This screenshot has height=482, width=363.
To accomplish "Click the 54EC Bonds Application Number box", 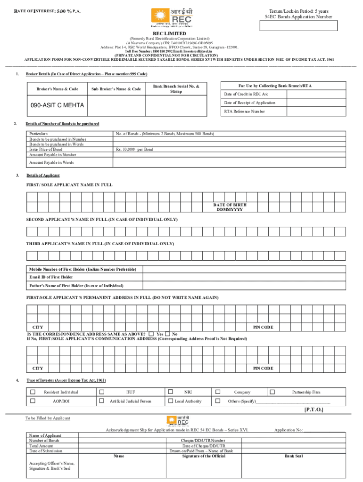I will [x=301, y=26].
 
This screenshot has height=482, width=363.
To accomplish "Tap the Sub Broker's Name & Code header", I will [x=116, y=89].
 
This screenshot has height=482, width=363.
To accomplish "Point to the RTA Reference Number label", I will [x=244, y=112].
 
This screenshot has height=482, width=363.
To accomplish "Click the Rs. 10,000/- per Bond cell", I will [x=134, y=149].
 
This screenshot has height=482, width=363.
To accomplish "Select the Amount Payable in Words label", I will [x=51, y=162].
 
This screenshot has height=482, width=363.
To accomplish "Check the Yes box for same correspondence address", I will [x=151, y=334].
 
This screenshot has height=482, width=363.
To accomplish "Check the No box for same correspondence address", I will [x=167, y=334].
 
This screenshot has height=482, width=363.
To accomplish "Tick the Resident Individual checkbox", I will [x=33, y=392].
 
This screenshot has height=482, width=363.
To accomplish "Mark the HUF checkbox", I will [x=101, y=392].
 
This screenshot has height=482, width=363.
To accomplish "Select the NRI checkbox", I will [x=171, y=392].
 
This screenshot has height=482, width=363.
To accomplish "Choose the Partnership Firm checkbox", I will [x=272, y=392].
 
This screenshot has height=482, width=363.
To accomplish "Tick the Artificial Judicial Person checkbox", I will [x=101, y=401].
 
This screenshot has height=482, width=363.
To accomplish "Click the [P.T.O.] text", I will [x=313, y=410].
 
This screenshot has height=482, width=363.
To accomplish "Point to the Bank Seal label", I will [x=295, y=456].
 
